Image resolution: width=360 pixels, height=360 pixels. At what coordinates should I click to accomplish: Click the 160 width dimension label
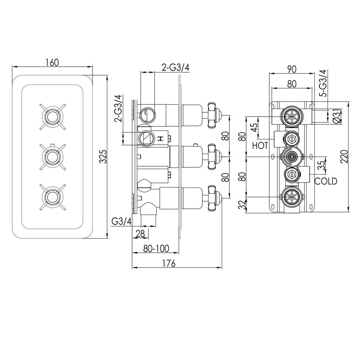pos(52,62)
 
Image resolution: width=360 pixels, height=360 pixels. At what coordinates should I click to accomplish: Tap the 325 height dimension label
pos(103,157)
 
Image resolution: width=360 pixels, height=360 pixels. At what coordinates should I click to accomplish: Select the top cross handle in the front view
pos(53,116)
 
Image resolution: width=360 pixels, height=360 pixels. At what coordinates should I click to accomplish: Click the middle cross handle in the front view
pos(53,157)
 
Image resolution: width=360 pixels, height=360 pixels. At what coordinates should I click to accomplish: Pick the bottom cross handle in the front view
pos(53,197)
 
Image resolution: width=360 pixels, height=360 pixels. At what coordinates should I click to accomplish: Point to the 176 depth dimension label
pos(169,264)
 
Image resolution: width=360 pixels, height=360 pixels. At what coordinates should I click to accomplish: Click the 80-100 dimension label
pos(156,248)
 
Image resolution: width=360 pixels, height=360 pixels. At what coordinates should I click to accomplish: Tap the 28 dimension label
pos(140,234)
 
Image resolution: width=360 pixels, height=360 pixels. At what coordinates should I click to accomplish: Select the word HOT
pos(260,145)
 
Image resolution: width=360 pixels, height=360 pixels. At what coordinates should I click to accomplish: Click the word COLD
pos(326,181)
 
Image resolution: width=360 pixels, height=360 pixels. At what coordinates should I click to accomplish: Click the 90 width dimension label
pos(292,69)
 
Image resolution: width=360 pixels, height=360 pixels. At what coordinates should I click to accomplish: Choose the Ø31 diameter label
pos(337,116)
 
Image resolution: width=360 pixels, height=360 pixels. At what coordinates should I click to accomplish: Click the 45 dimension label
pos(254,128)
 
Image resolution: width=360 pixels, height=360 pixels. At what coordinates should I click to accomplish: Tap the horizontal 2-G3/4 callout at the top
pos(176,68)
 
